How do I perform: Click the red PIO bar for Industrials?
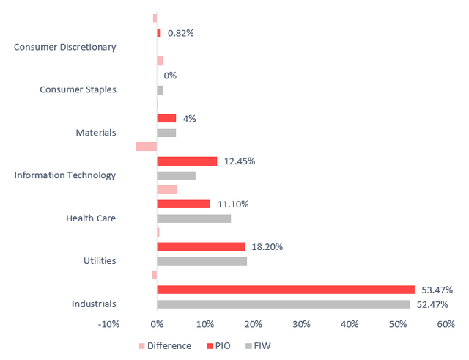click(x=286, y=290)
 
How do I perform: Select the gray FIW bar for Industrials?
click(x=283, y=304)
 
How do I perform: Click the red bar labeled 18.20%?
click(x=201, y=246)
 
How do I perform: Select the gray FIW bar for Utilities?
click(x=202, y=261)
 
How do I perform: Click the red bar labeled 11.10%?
click(x=183, y=204)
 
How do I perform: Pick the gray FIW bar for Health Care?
click(x=193, y=218)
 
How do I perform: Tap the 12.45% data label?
click(x=240, y=161)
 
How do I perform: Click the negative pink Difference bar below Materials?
click(x=146, y=147)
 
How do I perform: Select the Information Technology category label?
click(x=65, y=175)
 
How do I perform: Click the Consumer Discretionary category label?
click(x=65, y=48)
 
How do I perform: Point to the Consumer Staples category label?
click(x=78, y=90)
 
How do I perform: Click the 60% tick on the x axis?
click(x=446, y=323)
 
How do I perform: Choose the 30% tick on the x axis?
click(x=301, y=323)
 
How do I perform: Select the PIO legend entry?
click(x=221, y=346)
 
